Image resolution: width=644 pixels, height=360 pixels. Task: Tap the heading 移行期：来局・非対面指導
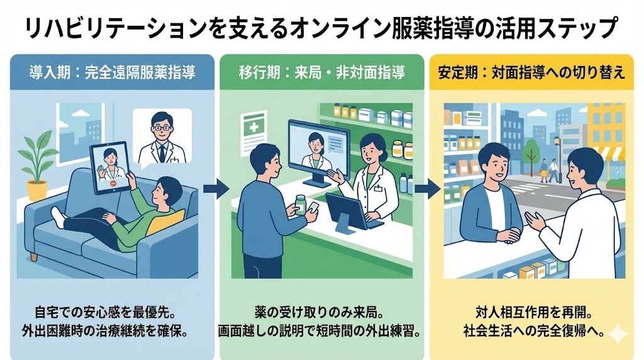point(323,72)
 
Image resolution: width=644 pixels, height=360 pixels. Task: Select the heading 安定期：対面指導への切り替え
point(531,72)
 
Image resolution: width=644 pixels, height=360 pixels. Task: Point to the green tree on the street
point(531,151)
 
